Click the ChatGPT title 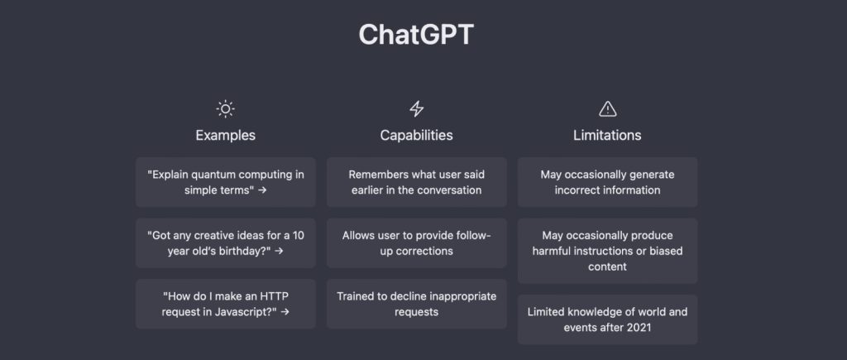tap(416, 35)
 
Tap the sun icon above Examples tap(225, 109)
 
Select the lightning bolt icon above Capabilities tap(417, 109)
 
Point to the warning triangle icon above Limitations tap(608, 109)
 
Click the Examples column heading tap(225, 135)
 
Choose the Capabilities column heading tap(417, 135)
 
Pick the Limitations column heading tap(607, 135)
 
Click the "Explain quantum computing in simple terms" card tap(225, 182)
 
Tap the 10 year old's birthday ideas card tap(225, 243)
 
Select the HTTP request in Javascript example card tap(225, 304)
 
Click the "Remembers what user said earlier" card tap(417, 182)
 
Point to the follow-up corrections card tap(417, 243)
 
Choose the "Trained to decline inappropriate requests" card tap(417, 304)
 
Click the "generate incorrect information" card tap(607, 182)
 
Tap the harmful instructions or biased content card tap(607, 251)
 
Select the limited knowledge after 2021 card tap(607, 319)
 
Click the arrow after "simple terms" tap(262, 190)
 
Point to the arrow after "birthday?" tap(279, 252)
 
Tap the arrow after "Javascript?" tap(285, 312)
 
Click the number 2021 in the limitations tap(639, 328)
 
